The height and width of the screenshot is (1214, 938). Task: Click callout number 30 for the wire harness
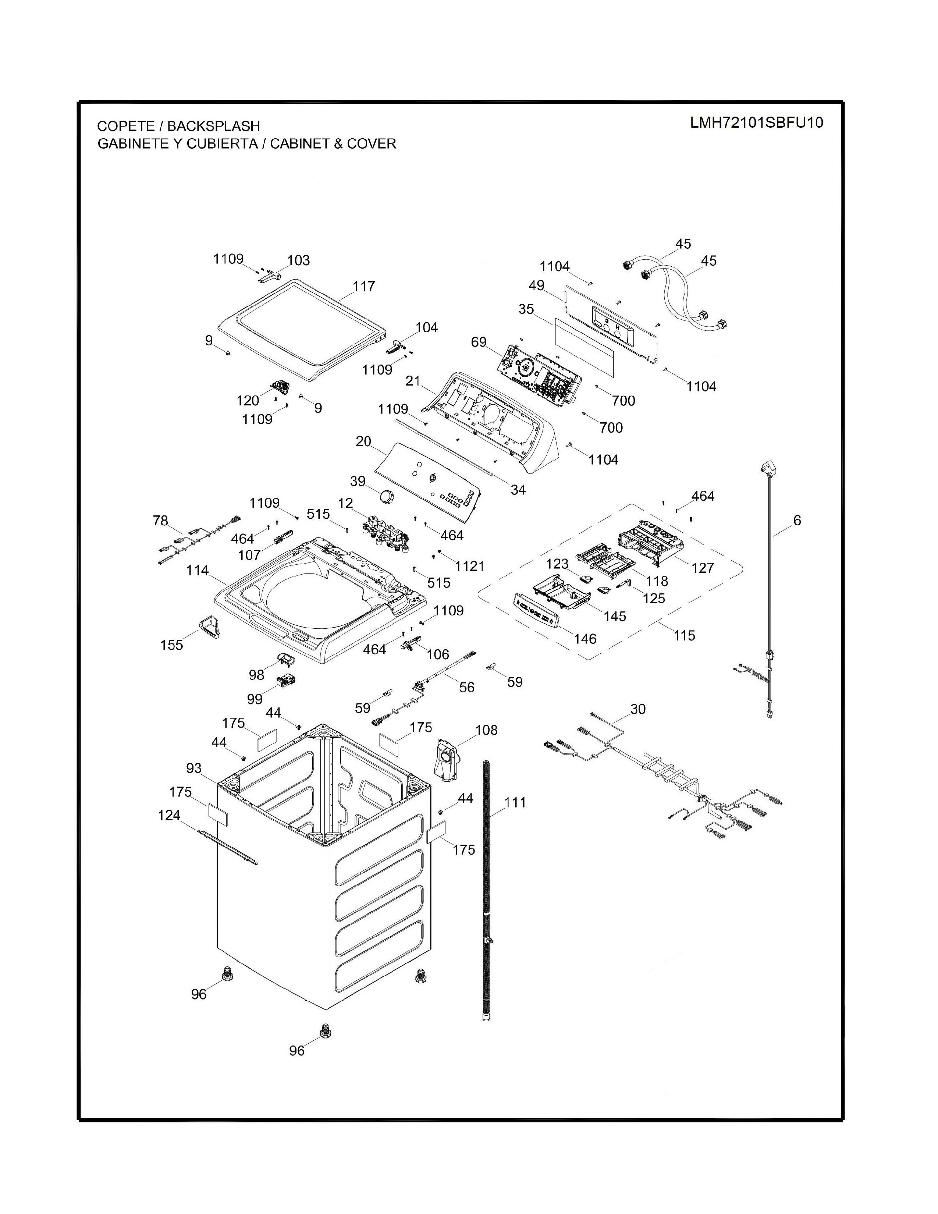638,709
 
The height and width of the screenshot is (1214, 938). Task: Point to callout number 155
172,645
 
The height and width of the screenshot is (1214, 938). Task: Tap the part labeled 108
448,760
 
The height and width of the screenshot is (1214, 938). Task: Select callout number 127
702,568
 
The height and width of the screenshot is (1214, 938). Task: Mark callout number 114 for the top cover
197,570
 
